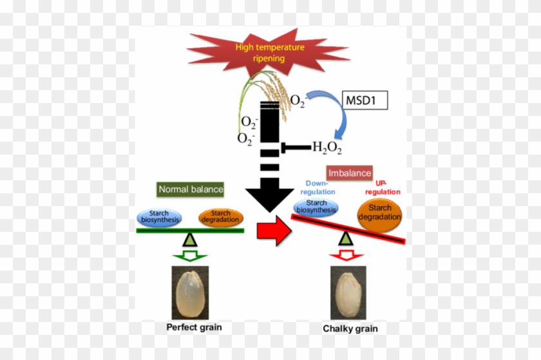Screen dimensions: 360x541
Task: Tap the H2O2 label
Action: [327, 148]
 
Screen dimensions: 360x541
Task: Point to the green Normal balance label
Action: [191, 189]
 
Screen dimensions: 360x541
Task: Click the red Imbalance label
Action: [350, 173]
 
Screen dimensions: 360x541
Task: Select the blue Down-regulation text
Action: [318, 187]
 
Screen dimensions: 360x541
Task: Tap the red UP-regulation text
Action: [383, 187]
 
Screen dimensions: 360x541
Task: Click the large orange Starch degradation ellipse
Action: [379, 213]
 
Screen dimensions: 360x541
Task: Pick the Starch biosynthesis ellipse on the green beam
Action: [159, 218]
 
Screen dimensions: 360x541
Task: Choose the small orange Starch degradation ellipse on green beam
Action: [220, 218]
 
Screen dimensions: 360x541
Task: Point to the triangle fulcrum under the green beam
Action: [189, 240]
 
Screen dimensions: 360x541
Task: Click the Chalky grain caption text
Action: [350, 329]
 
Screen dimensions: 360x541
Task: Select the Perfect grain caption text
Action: [194, 327]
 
